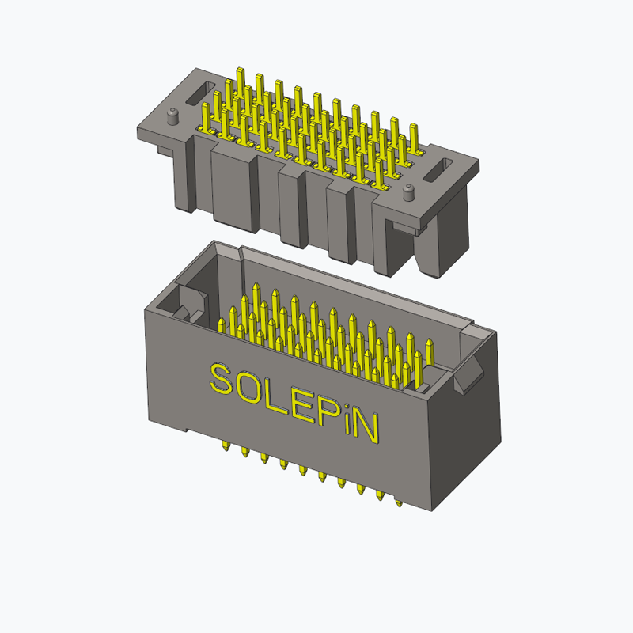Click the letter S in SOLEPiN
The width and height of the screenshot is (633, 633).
pos(222,379)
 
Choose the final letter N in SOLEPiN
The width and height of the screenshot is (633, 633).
pos(367,428)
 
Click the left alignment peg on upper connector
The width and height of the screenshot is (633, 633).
pos(172,116)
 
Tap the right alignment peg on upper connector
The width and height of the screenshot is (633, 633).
pos(408,192)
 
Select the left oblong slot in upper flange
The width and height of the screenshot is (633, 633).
pos(201,93)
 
